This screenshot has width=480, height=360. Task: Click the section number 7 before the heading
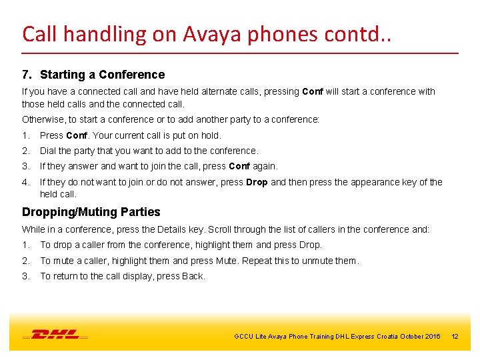[x=26, y=75]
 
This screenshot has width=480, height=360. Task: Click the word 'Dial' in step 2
[x=48, y=151]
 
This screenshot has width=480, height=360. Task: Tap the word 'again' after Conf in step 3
[x=264, y=166]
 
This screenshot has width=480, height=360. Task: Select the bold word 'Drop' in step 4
[x=257, y=182]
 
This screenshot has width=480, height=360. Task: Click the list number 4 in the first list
[x=25, y=182]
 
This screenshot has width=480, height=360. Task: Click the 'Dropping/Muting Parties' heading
[x=91, y=212]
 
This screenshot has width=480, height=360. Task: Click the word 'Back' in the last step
[x=194, y=276]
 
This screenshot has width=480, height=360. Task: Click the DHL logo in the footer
[x=55, y=335]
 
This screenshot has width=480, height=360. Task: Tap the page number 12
[x=455, y=337]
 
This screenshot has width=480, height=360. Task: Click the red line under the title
[x=240, y=53]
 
